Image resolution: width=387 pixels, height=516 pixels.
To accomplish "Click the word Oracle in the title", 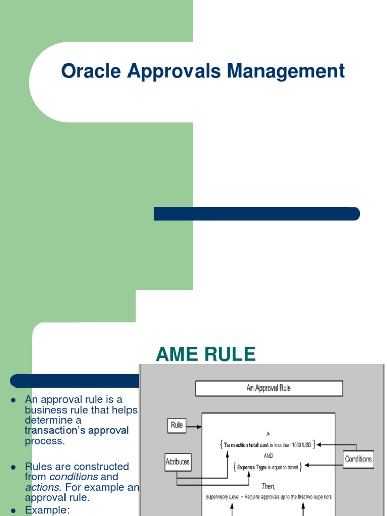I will tap(91, 71).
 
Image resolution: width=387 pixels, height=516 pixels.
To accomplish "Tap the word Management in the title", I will tap(286, 71).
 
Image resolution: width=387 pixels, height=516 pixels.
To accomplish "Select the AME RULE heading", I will tap(206, 355).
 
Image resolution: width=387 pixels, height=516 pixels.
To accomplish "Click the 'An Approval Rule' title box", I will tap(269, 388).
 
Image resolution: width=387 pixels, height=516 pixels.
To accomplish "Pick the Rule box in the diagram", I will tap(177, 425).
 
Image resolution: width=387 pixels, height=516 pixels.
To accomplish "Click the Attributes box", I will tap(178, 462).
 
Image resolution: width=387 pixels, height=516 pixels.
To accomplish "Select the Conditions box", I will tap(358, 459).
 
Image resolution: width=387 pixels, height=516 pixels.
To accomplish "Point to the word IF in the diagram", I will tap(268, 433).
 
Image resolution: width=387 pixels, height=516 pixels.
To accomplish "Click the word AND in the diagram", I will tap(268, 456).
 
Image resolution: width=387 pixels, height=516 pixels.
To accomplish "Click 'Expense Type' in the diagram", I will tap(252, 467).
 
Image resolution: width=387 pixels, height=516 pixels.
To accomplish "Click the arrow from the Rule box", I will tap(194, 426).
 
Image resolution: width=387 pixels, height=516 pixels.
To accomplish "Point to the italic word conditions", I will tap(74, 477).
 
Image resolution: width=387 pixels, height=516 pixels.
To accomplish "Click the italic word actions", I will tap(42, 487).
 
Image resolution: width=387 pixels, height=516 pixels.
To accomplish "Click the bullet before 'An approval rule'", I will tap(14, 400).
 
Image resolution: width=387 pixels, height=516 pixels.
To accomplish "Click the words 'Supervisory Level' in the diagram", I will tap(223, 497).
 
